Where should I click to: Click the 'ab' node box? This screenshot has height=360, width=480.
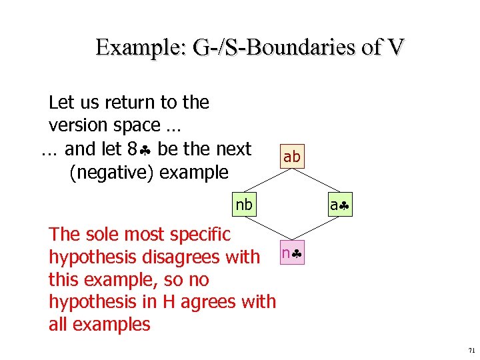point(292,157)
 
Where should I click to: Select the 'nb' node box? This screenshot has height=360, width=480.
point(244,205)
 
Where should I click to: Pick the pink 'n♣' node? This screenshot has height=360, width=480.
point(292,253)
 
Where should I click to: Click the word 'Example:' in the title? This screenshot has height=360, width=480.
point(140,47)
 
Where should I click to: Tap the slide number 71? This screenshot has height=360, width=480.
point(471,350)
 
